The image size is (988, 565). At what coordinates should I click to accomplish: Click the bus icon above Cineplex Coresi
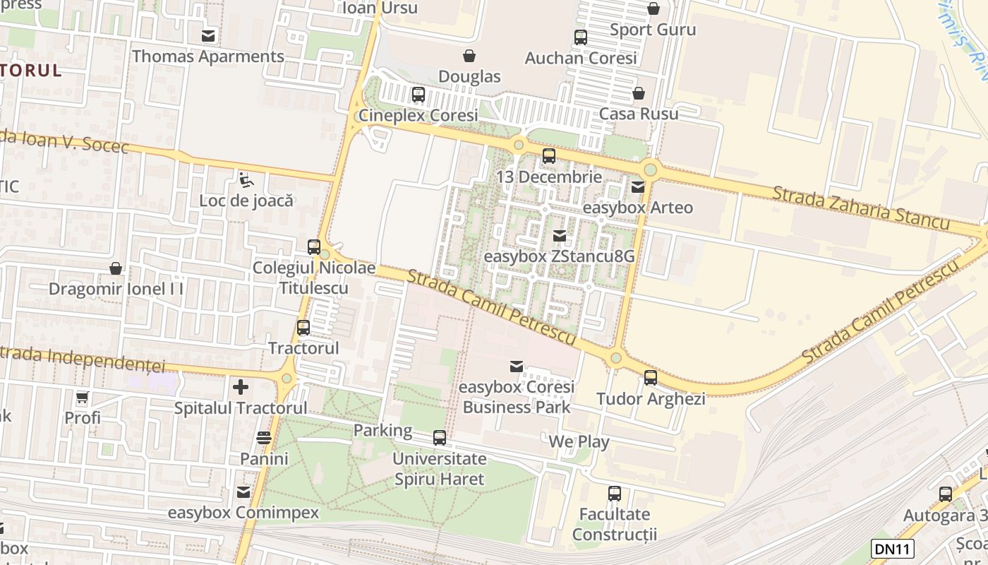point(418,94)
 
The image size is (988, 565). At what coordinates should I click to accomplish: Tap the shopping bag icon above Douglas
point(469,56)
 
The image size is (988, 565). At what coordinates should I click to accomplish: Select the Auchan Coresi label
point(580,58)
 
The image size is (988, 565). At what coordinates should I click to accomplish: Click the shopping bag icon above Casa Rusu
point(639,93)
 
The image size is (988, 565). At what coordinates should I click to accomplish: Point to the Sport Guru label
point(653,30)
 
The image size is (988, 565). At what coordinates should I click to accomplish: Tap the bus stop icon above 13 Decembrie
point(549,156)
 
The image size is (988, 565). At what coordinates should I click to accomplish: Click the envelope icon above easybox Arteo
point(638,187)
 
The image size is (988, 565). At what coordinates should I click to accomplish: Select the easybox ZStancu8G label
point(559,256)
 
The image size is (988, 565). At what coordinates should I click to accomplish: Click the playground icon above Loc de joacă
point(246,180)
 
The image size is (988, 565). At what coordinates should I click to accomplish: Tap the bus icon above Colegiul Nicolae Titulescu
point(314,247)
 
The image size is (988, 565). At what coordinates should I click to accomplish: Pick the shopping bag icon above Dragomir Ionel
point(116,268)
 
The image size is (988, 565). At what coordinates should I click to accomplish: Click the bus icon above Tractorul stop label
point(303,328)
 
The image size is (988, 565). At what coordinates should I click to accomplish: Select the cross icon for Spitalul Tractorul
point(241,387)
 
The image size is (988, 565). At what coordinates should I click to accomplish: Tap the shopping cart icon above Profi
point(83,397)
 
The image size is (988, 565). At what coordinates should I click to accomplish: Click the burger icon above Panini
point(264,438)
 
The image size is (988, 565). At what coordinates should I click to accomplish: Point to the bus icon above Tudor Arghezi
point(651,378)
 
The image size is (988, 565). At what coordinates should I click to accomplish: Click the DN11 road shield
point(893,549)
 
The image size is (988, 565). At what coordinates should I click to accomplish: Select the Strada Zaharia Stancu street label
point(861,208)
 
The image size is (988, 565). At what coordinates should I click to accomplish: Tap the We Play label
point(579,442)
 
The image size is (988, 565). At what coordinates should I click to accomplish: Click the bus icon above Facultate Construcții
point(615,494)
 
